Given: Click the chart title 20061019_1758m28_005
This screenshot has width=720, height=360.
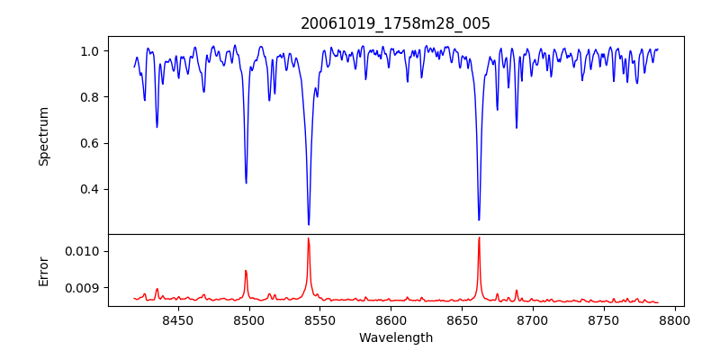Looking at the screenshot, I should click(395, 23).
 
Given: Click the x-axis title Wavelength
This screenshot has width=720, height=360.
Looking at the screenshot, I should click(395, 338).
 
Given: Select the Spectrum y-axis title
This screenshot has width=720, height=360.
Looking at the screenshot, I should click(44, 136).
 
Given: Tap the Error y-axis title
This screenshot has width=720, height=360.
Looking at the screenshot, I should click(44, 270).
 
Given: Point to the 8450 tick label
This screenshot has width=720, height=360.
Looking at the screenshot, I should click(178, 319).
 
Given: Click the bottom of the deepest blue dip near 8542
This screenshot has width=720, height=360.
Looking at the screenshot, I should click(309, 224).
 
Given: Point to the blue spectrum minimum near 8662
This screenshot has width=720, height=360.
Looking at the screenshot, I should click(479, 220).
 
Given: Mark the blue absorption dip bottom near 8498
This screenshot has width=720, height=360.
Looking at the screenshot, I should click(246, 183).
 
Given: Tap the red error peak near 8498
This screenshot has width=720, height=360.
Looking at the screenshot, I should click(246, 270).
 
